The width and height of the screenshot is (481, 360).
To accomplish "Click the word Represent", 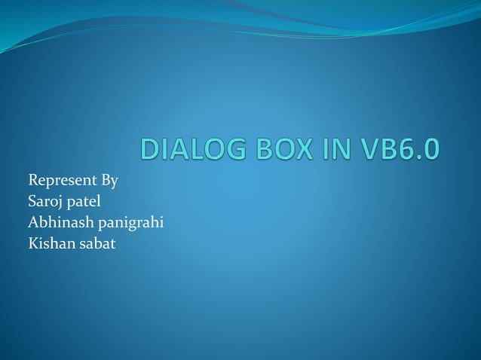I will pos(60,181).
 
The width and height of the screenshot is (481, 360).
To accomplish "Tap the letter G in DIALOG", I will pos(230,148).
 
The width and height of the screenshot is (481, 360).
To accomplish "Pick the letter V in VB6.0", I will pos(370,148).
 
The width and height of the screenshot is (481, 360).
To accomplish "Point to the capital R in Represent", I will pos(33,181).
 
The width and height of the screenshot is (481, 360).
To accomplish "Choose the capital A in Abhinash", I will pos(33,223).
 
